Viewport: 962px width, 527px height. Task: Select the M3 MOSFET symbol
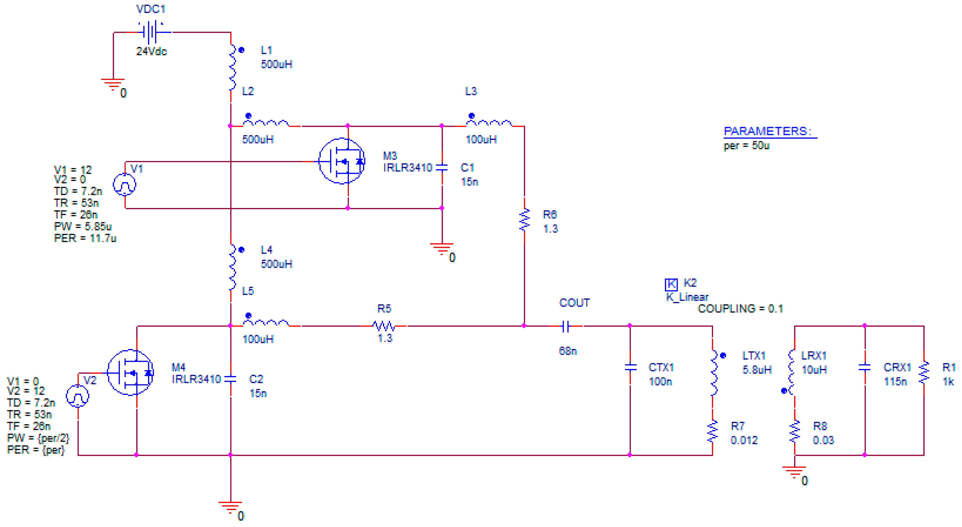click(342, 161)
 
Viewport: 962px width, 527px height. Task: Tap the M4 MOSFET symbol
click(130, 372)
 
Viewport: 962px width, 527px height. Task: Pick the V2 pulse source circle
click(77, 396)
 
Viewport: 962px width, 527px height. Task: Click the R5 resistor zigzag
click(384, 326)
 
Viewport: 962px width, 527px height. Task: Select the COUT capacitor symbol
click(566, 326)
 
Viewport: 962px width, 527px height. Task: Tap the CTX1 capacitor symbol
click(630, 367)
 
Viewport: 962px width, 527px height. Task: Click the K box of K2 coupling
click(671, 285)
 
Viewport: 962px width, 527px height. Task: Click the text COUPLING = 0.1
click(740, 309)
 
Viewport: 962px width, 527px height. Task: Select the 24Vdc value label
click(151, 51)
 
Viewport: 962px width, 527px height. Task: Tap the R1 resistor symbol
click(924, 372)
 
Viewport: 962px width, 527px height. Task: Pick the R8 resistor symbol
click(795, 431)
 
